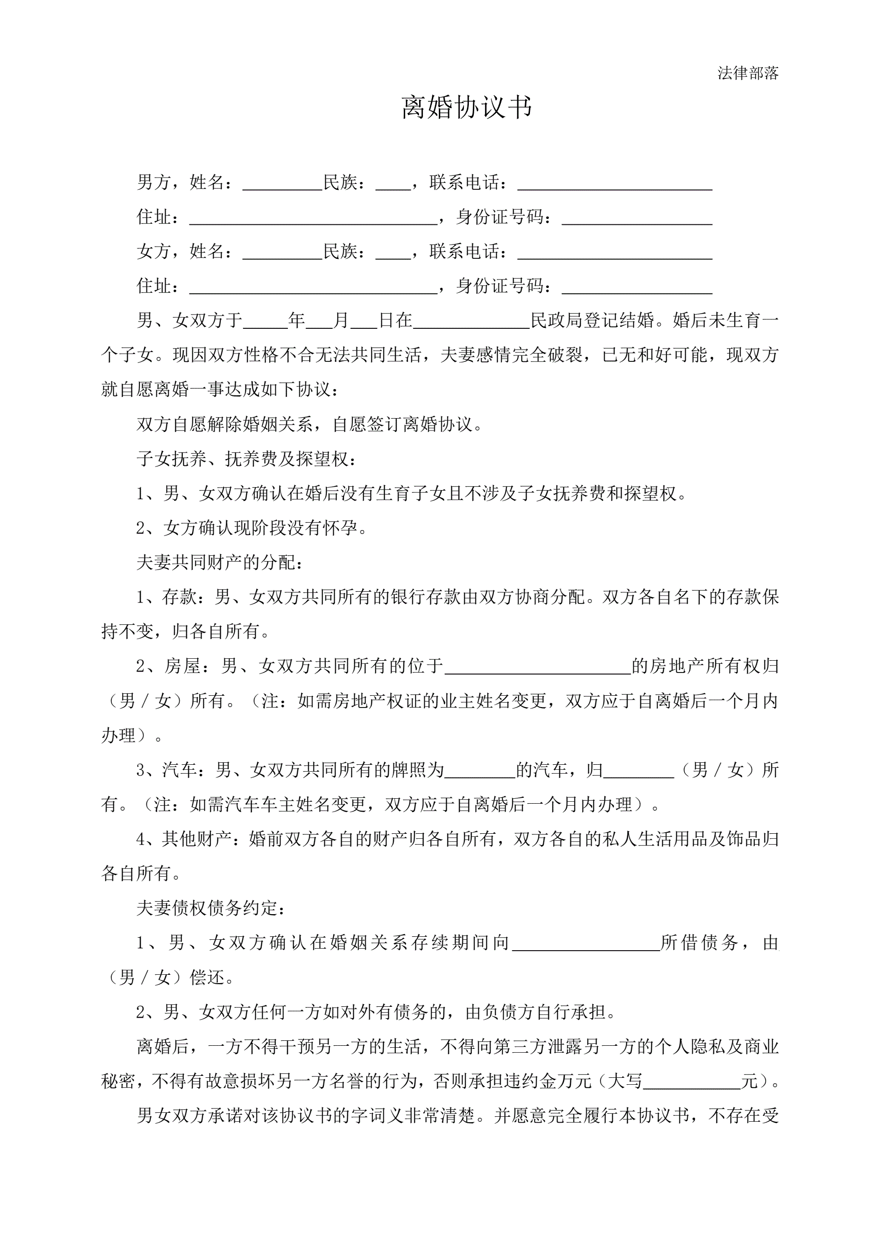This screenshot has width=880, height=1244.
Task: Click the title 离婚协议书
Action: pos(466,107)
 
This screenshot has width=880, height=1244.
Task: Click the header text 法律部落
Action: pos(748,73)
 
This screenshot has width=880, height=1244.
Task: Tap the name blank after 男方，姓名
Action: pos(282,183)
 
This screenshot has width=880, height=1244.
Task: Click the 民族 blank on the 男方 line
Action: pos(393,183)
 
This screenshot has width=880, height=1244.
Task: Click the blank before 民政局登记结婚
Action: pos(471,322)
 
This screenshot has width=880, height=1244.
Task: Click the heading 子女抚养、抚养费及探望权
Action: pos(246,460)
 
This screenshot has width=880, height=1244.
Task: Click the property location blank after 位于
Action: pos(537,667)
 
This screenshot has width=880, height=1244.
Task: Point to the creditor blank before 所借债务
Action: pos(586,944)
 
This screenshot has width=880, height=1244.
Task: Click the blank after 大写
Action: pos(691,1082)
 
